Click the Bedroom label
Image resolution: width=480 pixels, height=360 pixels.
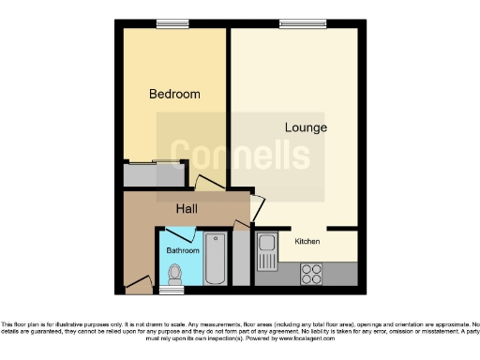click(x=175, y=94)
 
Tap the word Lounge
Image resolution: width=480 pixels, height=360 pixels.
click(x=306, y=127)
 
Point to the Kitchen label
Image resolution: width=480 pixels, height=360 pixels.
click(x=307, y=242)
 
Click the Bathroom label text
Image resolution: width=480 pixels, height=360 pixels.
click(x=183, y=251)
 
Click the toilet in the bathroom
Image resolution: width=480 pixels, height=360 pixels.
click(x=173, y=274)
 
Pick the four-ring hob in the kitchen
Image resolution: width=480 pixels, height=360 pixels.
click(x=312, y=275)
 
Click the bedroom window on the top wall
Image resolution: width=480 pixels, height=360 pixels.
click(x=172, y=23)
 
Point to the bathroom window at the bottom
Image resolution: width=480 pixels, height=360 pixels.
click(x=171, y=291)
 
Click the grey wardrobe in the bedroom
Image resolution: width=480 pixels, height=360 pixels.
click(x=155, y=175)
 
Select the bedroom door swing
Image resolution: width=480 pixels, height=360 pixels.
click(x=207, y=185)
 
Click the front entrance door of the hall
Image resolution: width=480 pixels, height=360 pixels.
click(x=140, y=281)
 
